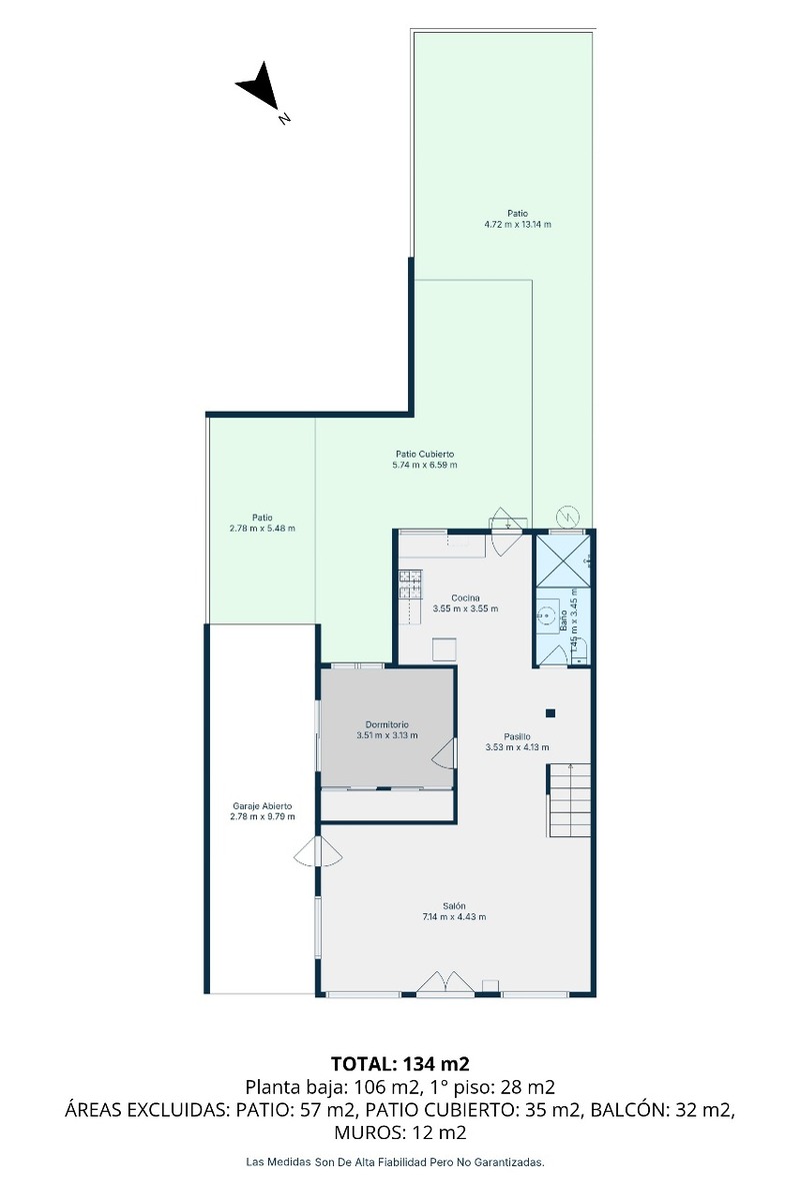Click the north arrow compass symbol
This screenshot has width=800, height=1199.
259,87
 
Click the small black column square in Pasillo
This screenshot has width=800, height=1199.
550,713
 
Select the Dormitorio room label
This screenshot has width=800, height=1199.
387,724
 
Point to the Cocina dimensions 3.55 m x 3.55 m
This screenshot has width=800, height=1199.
465,608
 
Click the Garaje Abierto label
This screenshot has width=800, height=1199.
262,806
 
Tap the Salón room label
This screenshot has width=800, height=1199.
454,906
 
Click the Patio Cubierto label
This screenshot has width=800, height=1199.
424,454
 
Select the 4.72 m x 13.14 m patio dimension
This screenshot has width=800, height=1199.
518,224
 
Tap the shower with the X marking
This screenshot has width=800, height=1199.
563,561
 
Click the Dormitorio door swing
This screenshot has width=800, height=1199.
444,753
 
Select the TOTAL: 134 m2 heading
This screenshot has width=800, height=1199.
400,1063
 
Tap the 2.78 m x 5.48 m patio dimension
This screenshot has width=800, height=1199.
262,529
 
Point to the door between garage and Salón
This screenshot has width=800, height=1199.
318,852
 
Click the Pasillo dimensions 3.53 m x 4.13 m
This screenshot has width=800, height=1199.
517,747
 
